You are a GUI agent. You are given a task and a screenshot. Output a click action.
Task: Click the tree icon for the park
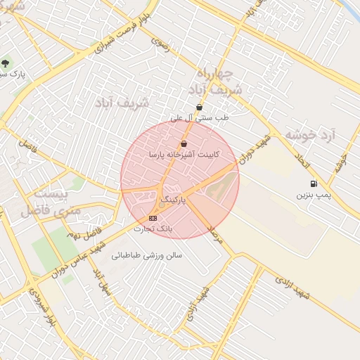point(6,64)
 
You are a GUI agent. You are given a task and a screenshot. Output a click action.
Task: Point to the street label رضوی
point(160,44)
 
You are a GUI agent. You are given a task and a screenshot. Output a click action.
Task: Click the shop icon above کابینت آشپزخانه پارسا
point(184,143)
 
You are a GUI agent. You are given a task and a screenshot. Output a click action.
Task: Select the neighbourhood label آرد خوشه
point(311,133)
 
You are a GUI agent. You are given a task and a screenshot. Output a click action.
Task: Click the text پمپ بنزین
point(312,193)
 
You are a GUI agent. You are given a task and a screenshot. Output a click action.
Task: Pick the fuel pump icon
point(311,184)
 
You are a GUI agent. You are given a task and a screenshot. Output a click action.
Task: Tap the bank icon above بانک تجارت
point(154,218)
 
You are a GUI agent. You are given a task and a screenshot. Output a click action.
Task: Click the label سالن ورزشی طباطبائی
point(153,255)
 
